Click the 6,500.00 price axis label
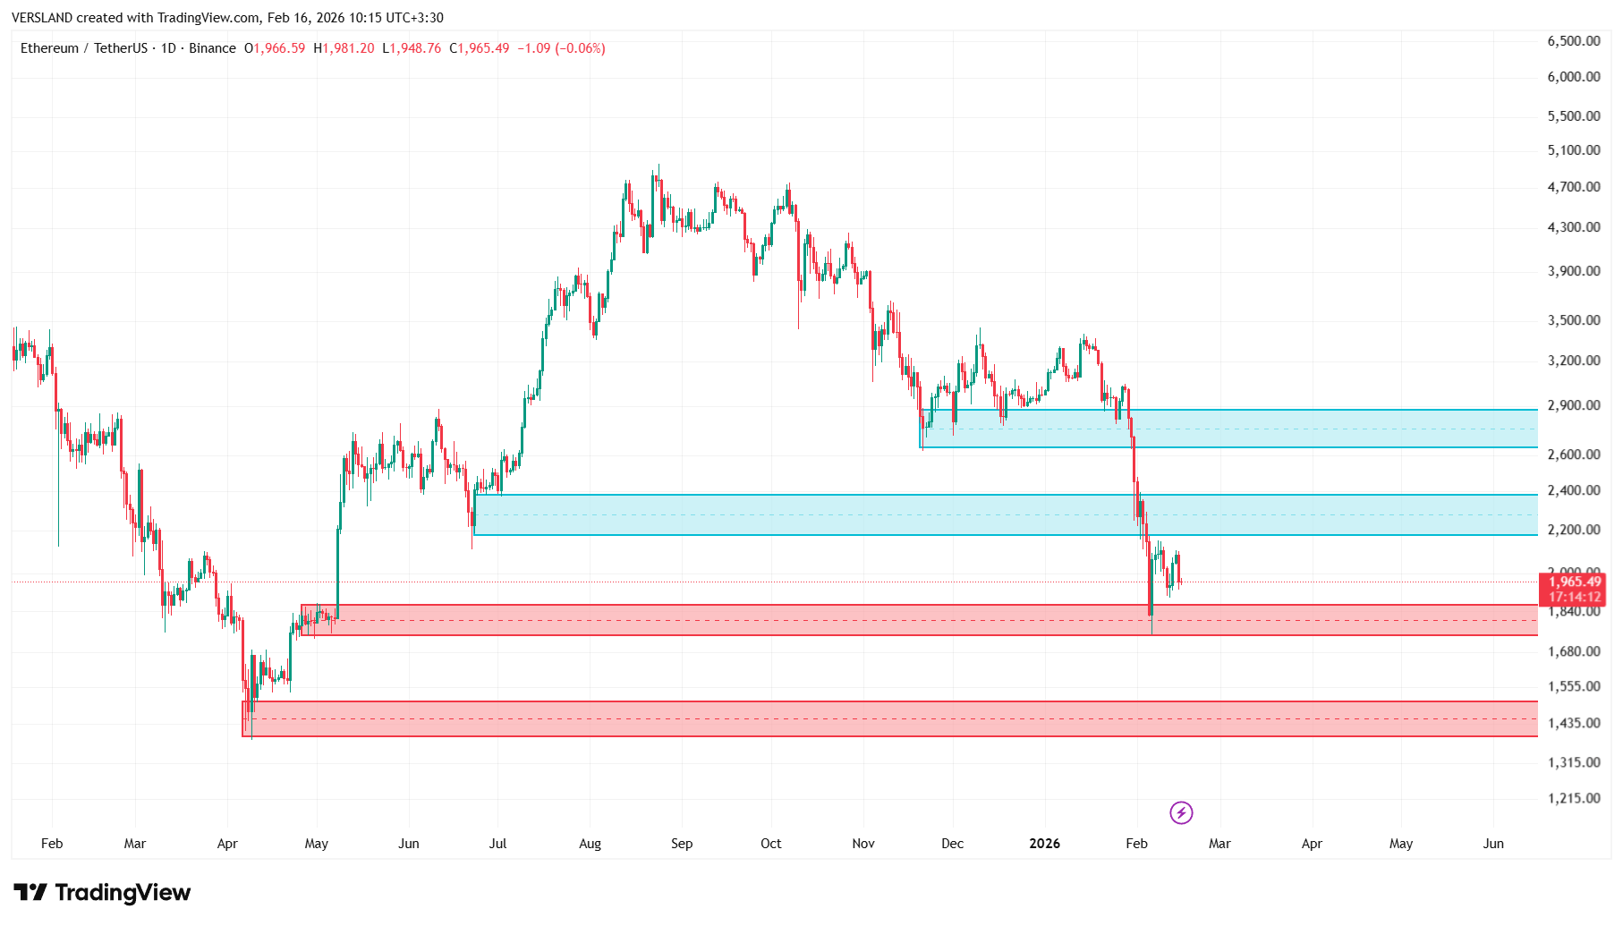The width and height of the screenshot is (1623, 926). click(1573, 41)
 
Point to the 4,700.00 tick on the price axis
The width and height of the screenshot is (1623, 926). click(1573, 187)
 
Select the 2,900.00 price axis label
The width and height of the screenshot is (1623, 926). click(1573, 405)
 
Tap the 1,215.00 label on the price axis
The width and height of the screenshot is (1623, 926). click(1573, 798)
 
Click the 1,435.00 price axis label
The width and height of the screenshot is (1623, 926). click(1573, 723)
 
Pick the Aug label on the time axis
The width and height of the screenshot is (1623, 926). click(590, 844)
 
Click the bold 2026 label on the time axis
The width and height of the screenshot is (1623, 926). click(1044, 844)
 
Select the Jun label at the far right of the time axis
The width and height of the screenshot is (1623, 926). click(1492, 844)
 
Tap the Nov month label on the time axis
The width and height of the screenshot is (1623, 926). click(862, 844)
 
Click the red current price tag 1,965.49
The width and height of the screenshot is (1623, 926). click(1575, 582)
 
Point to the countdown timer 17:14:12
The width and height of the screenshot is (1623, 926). click(1575, 598)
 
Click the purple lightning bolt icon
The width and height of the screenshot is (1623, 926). click(1181, 812)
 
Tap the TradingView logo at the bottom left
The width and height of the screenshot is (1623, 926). click(102, 893)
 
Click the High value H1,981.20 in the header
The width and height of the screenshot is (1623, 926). click(344, 48)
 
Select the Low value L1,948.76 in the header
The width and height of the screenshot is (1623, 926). click(412, 48)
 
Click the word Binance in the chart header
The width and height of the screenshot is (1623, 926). click(212, 48)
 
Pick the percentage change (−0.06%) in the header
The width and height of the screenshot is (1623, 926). click(580, 48)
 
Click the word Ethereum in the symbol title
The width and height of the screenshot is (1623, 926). click(49, 48)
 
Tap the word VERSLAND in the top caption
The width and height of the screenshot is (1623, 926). click(42, 18)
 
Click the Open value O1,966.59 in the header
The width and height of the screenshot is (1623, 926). click(275, 48)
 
